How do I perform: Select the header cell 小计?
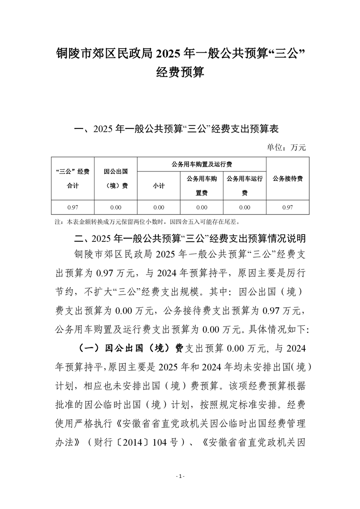click(158, 186)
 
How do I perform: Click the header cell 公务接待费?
click(287, 179)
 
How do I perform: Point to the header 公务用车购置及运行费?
click(202, 164)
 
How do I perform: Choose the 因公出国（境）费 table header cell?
click(115, 179)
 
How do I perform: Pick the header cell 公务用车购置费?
click(202, 186)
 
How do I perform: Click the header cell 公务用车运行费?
click(245, 186)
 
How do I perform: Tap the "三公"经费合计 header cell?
click(73, 179)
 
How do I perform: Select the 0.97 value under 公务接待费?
click(287, 207)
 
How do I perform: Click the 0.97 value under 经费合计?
click(73, 207)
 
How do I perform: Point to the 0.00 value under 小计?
click(158, 207)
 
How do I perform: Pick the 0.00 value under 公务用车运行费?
click(245, 207)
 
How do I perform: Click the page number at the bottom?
click(180, 476)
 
